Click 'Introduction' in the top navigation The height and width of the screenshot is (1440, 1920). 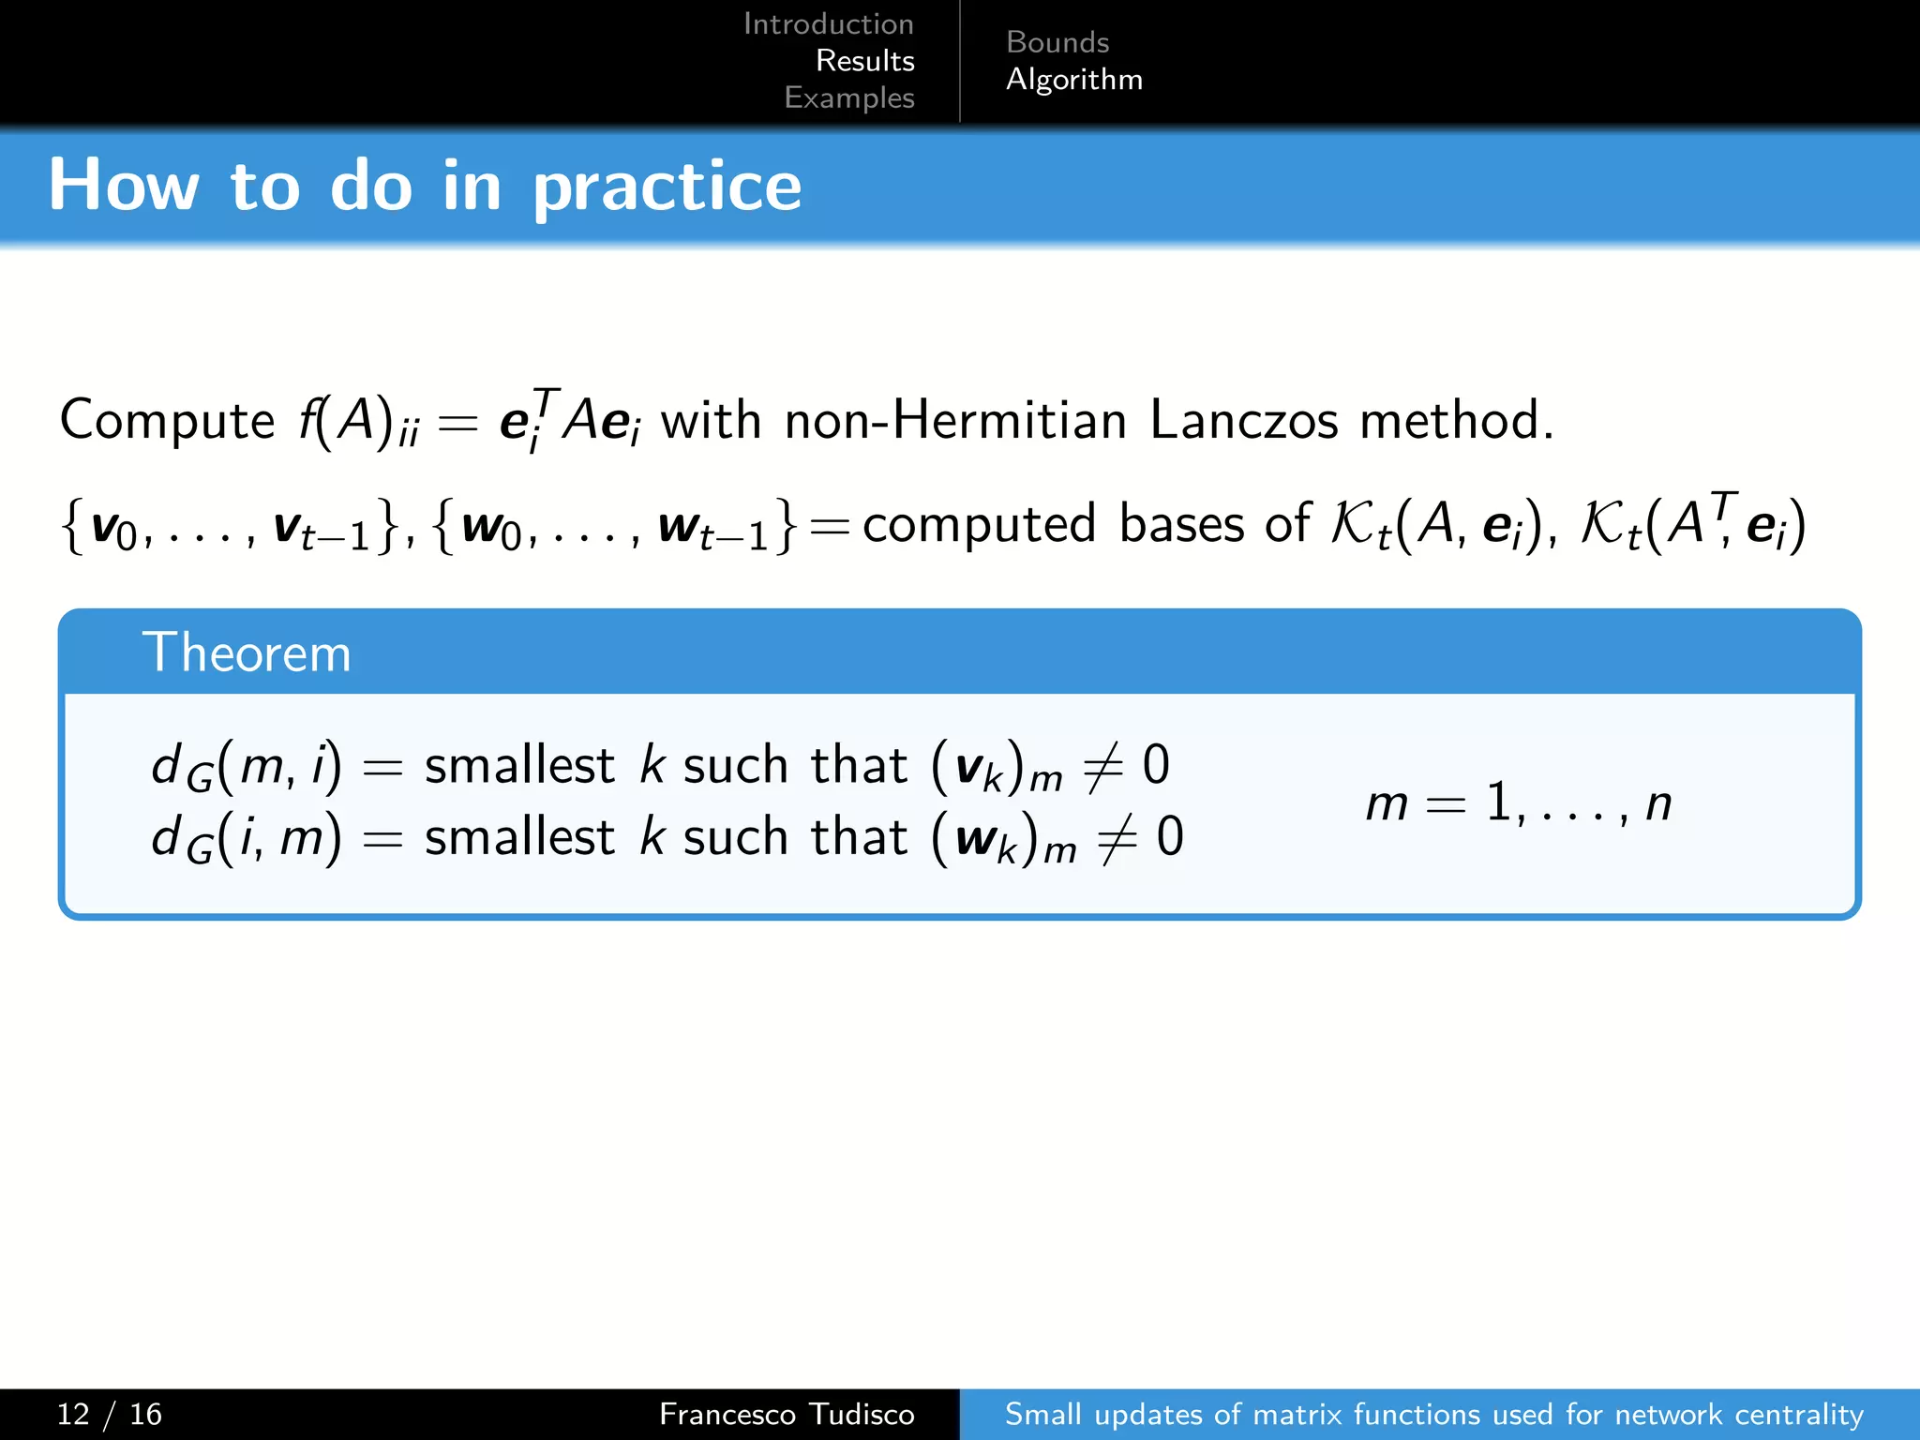point(828,23)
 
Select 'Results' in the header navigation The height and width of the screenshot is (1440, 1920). point(864,61)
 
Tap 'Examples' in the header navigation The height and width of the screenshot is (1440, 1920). point(848,97)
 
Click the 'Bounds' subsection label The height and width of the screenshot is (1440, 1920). point(1057,42)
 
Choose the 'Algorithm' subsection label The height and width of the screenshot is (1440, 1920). point(1073,80)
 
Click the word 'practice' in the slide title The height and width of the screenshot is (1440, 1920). point(667,187)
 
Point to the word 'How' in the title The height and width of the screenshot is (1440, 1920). point(123,185)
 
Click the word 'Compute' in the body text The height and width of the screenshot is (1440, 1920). point(167,420)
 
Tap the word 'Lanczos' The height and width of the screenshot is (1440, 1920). point(1243,420)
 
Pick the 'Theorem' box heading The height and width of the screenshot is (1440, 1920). point(247,652)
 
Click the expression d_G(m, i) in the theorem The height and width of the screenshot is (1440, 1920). point(246,767)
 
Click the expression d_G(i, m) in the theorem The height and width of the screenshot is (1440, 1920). point(246,838)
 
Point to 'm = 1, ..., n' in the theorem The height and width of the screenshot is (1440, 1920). point(1518,803)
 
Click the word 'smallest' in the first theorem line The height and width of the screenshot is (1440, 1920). point(518,765)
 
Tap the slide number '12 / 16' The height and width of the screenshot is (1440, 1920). point(109,1414)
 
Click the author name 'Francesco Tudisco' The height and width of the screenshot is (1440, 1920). point(786,1414)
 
